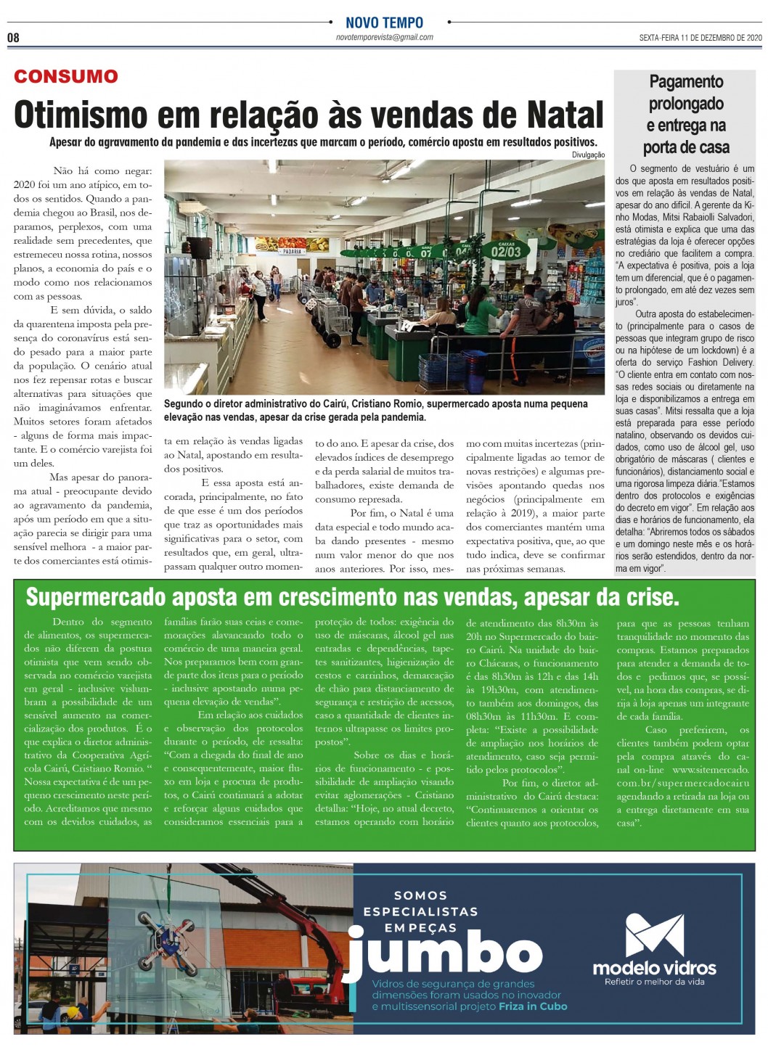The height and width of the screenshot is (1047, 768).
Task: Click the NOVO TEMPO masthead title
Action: pos(384,22)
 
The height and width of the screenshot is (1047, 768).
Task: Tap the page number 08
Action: pos(13,38)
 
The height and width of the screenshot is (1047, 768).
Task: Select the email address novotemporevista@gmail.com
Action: pos(384,37)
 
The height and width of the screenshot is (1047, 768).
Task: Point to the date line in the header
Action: pos(700,38)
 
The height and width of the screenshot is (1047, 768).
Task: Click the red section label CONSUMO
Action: pos(65,76)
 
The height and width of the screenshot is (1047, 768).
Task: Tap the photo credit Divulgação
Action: pos(588,155)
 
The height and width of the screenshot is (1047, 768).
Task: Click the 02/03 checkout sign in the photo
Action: pos(506,252)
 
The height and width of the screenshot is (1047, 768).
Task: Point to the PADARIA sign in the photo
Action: pos(292,252)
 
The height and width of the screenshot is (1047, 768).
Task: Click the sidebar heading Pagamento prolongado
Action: pos(686,92)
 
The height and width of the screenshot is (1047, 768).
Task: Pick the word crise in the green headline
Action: pos(650,597)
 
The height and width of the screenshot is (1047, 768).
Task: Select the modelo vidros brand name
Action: pos(654,968)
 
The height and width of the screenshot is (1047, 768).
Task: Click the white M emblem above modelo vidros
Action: pos(654,935)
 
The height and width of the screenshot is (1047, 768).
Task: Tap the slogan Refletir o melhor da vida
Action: pos(654,982)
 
